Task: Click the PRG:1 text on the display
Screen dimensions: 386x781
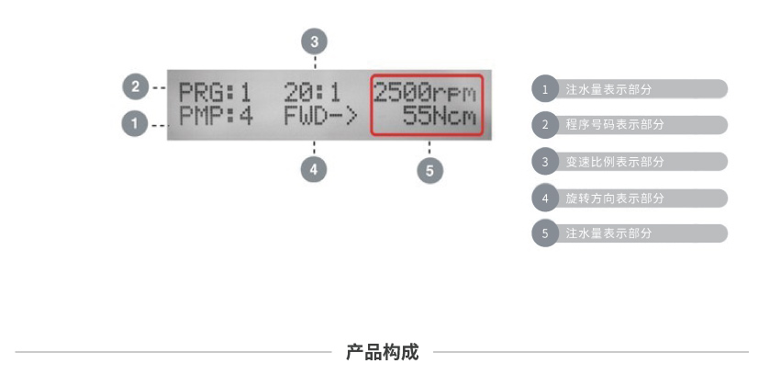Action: pos(214,92)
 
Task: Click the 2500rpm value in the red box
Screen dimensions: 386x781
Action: pos(426,92)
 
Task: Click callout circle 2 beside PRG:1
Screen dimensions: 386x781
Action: pos(135,87)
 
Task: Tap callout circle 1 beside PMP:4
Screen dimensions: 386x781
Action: pos(135,122)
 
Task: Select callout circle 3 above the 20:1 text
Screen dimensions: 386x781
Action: pos(315,40)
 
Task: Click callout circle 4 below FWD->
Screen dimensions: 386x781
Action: pos(315,170)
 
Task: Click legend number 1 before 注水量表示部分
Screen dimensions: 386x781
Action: pos(545,89)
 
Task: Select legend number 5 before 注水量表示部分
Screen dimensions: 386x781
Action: pos(545,233)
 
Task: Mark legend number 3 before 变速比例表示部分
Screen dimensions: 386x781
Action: pos(545,162)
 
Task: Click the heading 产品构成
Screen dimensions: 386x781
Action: pos(382,352)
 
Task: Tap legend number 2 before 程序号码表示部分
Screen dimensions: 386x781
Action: pos(545,125)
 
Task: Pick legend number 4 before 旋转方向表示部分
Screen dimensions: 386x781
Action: pos(545,198)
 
